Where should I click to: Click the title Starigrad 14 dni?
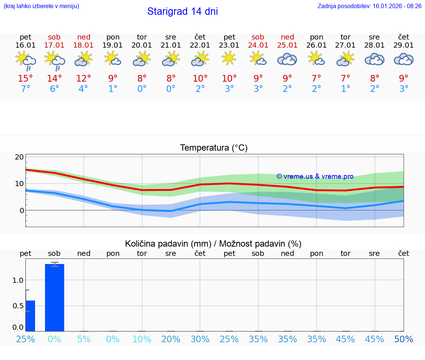point(182,11)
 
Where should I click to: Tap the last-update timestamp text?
point(369,6)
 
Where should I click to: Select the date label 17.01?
point(54,45)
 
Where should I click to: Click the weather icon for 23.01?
point(229,58)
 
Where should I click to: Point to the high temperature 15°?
point(25,78)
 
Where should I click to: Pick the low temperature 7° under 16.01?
point(25,89)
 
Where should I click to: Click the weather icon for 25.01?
point(287,59)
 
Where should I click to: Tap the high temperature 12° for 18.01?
point(84,78)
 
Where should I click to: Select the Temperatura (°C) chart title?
point(214,148)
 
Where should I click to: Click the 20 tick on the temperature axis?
point(19,157)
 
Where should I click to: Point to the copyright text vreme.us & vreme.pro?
point(315,176)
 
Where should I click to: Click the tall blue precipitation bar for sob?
point(55,297)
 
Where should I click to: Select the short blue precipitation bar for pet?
point(30,316)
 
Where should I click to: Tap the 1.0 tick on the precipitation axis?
point(18,280)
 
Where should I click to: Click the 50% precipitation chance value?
point(404,339)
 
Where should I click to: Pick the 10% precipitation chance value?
point(142,339)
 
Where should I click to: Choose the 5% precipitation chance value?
point(84,339)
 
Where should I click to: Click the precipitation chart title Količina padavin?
point(213,244)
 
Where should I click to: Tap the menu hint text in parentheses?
point(41,6)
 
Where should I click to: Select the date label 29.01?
point(404,45)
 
